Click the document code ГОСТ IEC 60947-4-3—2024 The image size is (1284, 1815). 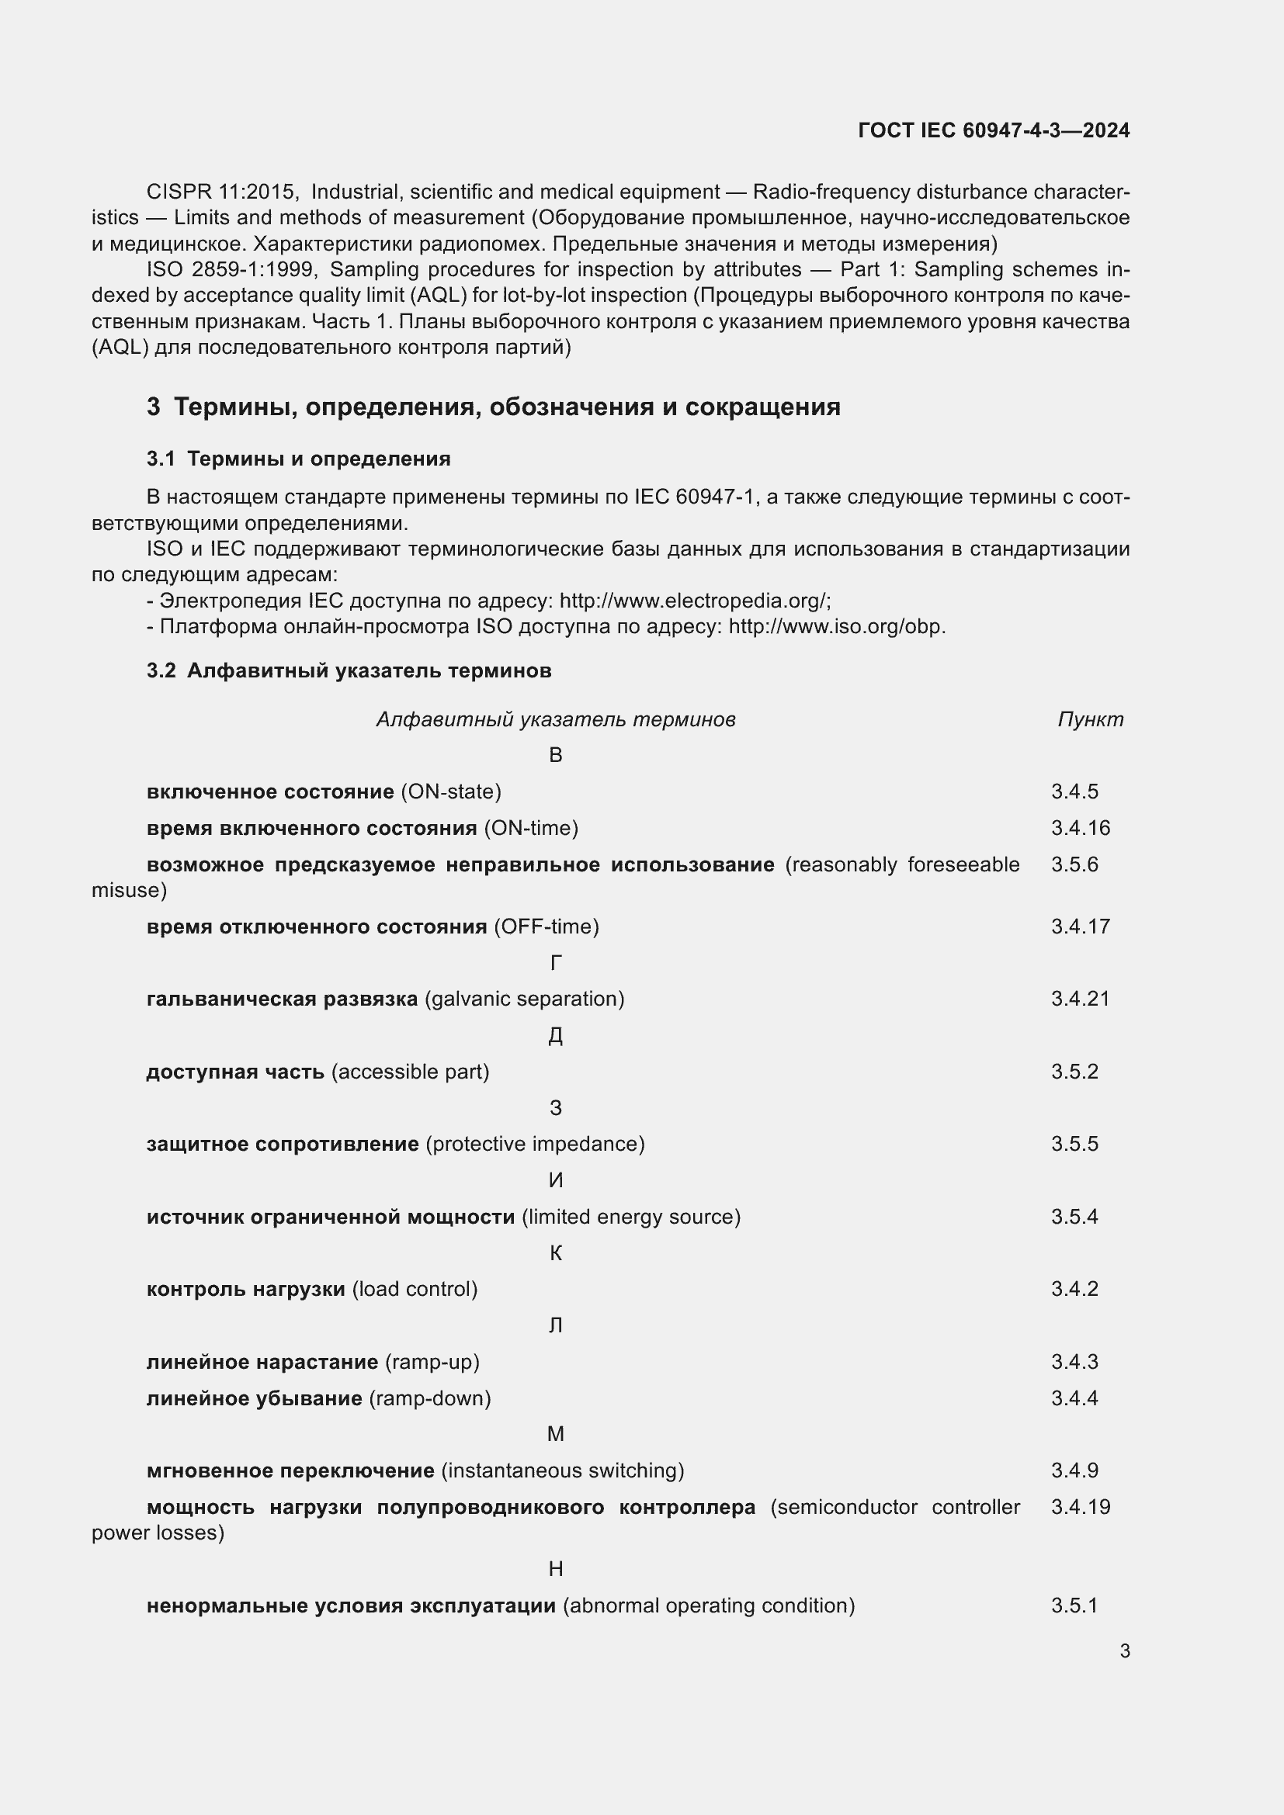(993, 130)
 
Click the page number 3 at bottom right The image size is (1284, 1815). (1124, 1650)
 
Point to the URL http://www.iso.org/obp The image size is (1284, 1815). (836, 627)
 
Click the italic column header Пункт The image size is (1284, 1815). (1089, 719)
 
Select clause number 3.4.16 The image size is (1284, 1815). (1080, 828)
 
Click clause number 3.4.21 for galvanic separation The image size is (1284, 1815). (1080, 999)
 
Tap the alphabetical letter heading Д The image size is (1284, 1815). (555, 1036)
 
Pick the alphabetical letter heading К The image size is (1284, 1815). (555, 1253)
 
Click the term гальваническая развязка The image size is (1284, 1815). (283, 999)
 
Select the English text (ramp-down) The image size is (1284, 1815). (430, 1398)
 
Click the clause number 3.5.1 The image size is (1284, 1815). (1074, 1605)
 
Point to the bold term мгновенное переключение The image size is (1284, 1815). (290, 1470)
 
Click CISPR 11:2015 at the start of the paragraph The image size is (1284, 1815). (221, 192)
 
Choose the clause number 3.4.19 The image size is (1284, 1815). (1080, 1507)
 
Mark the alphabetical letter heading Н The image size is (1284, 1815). (555, 1569)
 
